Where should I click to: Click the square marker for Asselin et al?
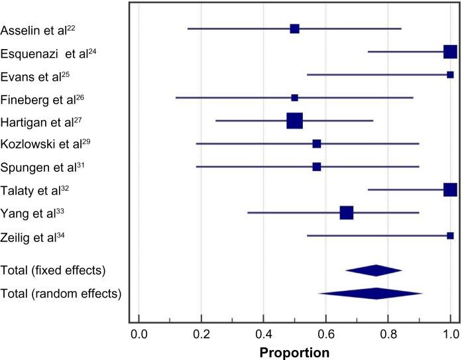click(294, 29)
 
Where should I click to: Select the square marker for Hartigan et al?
click(294, 121)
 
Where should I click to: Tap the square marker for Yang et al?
click(346, 213)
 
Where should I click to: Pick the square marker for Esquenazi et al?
click(450, 52)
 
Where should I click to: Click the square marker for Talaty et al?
click(450, 190)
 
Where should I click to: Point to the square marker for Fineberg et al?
click(294, 97)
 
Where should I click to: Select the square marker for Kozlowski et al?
click(316, 144)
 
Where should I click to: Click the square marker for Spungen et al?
click(316, 166)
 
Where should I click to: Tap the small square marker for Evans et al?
click(450, 75)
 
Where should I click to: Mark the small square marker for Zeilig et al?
click(450, 235)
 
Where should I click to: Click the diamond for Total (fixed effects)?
click(374, 270)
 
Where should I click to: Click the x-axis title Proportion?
click(294, 353)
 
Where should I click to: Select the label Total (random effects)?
click(60, 294)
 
